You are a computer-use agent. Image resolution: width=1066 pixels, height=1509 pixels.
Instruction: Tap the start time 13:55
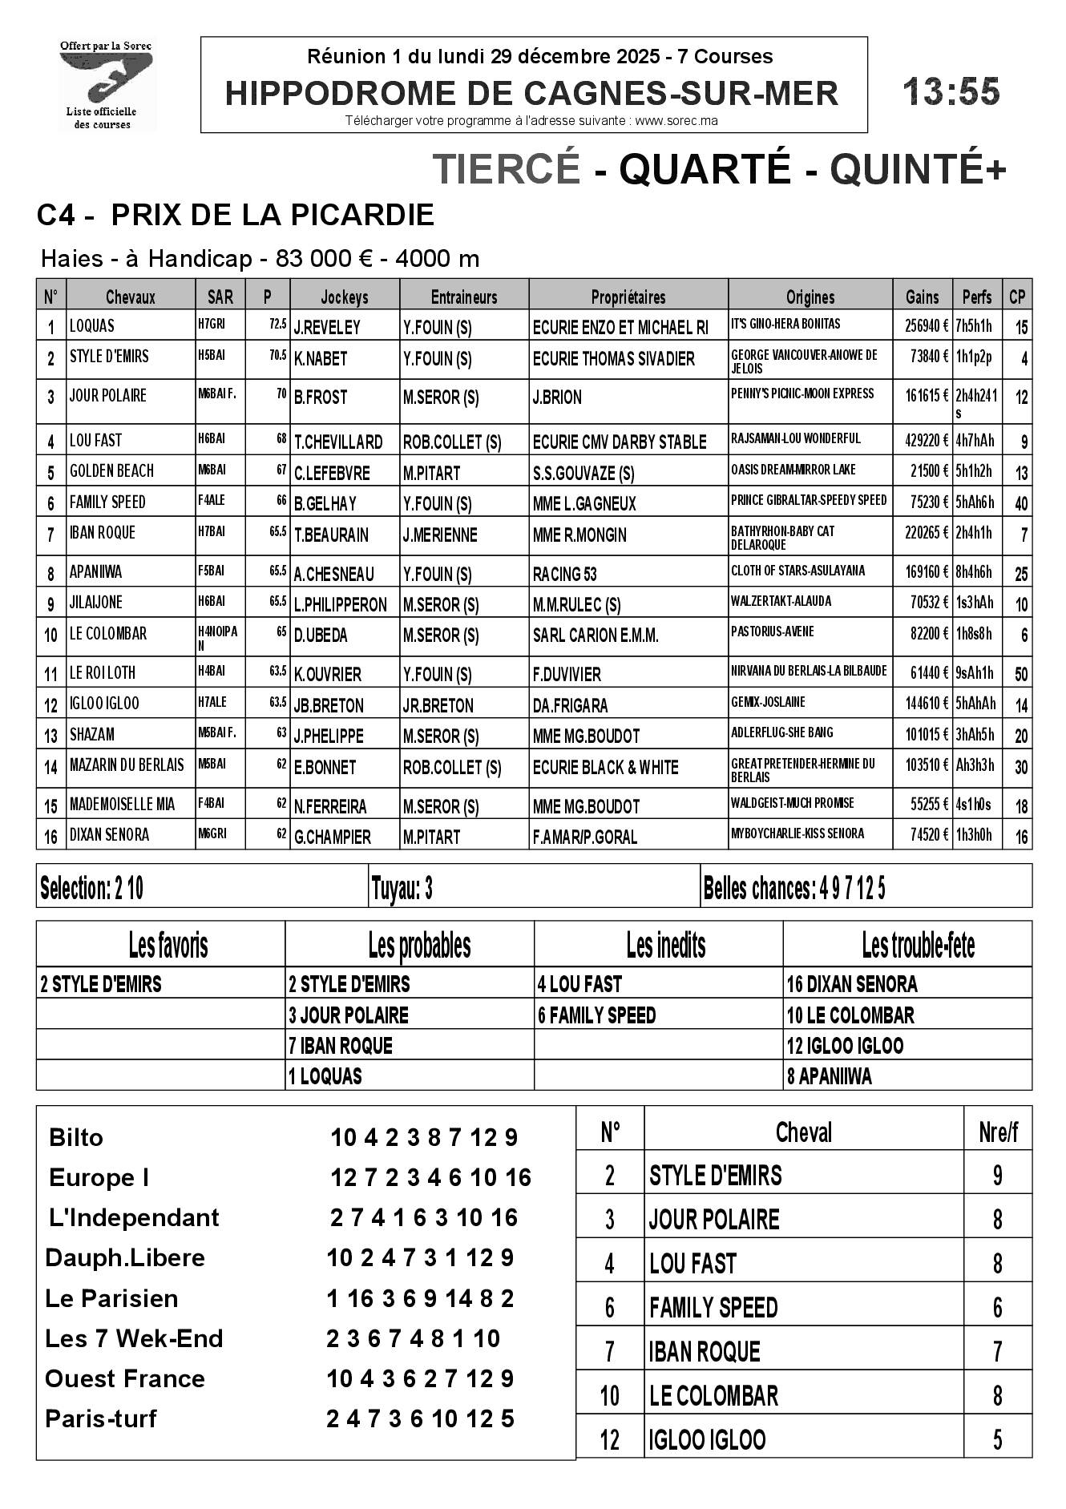click(951, 92)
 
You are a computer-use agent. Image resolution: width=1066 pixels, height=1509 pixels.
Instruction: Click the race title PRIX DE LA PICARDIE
click(273, 215)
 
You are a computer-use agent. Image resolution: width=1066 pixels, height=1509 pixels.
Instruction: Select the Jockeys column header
click(345, 297)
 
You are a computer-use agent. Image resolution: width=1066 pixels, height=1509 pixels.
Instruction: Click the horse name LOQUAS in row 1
click(92, 326)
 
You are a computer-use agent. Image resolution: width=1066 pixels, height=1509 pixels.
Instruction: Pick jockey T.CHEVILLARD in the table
click(338, 442)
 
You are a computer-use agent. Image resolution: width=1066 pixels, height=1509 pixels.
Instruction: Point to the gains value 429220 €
click(922, 440)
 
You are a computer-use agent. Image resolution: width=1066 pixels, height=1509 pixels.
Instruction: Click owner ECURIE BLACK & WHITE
click(605, 767)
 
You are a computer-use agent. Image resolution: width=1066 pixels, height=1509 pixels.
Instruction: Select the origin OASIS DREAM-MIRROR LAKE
click(793, 470)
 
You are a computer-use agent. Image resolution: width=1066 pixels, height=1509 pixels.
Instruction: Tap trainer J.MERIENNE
click(440, 535)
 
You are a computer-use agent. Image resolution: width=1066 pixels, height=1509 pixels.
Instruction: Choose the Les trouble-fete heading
click(918, 946)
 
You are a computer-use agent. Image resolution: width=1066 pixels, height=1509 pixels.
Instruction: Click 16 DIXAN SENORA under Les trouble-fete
click(852, 984)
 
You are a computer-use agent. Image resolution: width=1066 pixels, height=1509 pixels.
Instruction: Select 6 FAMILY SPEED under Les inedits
click(596, 1015)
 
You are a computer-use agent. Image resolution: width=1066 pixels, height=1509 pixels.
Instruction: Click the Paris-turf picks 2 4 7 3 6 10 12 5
click(420, 1418)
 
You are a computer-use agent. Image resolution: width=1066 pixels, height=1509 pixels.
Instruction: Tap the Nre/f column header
click(998, 1132)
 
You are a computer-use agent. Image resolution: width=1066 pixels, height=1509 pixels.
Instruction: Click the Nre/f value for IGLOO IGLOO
click(997, 1439)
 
